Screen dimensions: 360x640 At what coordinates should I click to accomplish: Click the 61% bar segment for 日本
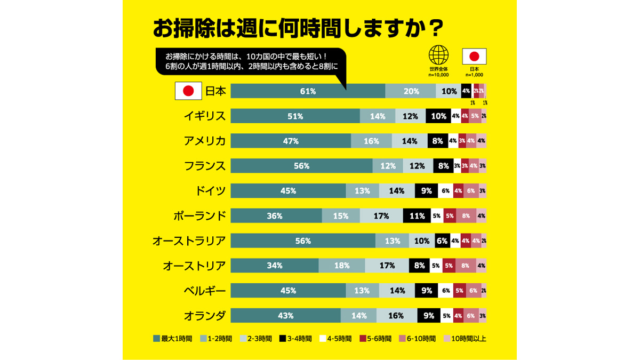tap(308, 91)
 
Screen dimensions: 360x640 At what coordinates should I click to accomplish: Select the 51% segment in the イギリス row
tap(295, 116)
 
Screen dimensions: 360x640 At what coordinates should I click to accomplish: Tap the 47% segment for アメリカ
tap(291, 141)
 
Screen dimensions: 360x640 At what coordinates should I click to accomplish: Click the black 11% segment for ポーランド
tap(417, 216)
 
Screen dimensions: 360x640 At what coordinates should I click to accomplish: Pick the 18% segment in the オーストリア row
tap(342, 266)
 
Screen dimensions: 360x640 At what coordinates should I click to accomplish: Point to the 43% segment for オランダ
tap(286, 316)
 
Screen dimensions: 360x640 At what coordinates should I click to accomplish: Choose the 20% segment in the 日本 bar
tap(411, 91)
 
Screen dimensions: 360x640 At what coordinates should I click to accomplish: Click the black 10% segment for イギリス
tap(438, 116)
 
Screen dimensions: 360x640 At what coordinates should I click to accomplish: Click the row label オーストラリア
tap(189, 241)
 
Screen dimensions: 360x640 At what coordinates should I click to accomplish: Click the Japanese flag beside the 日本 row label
tap(188, 91)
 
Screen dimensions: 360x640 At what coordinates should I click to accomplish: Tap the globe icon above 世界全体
tap(438, 55)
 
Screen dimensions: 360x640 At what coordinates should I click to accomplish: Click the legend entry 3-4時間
tap(298, 338)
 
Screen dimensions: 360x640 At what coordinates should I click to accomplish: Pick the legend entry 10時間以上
tap(465, 338)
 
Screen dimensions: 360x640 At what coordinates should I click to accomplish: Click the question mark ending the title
tap(436, 28)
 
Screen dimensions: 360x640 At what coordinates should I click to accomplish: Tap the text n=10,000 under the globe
tap(438, 75)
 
